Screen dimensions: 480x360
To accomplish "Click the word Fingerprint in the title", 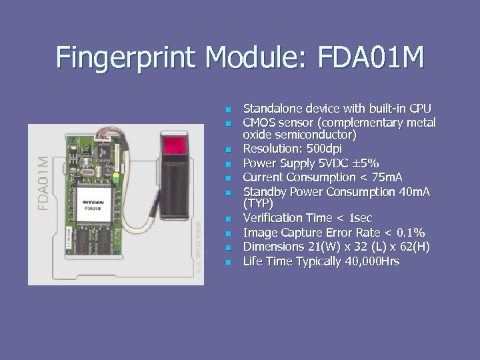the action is [x=127, y=57].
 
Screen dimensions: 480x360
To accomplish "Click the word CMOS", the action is [x=259, y=123].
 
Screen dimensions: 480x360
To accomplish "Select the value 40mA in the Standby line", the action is [x=413, y=192].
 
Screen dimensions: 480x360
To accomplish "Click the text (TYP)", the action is [x=258, y=203].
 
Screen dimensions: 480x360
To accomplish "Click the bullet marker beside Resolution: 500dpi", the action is [x=227, y=149].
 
